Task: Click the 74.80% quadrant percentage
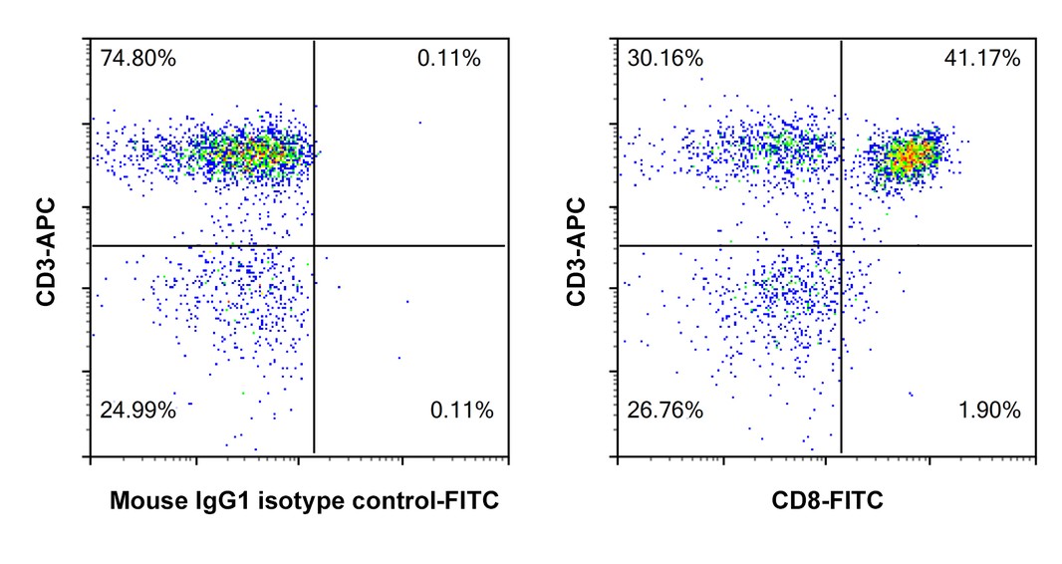click(x=138, y=59)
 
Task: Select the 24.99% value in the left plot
click(x=138, y=410)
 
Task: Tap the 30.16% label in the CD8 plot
click(x=665, y=59)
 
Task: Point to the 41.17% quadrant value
click(x=981, y=59)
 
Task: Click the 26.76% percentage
click(x=665, y=410)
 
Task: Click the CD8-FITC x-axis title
click(x=826, y=501)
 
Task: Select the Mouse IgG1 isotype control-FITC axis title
click(x=304, y=501)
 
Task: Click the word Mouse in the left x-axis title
click(x=142, y=501)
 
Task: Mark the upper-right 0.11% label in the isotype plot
click(x=448, y=59)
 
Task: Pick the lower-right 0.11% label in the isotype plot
click(x=460, y=410)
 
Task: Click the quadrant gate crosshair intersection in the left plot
click(x=314, y=245)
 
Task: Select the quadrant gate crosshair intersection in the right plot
click(x=842, y=245)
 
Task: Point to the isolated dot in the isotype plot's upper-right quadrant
click(x=419, y=123)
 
